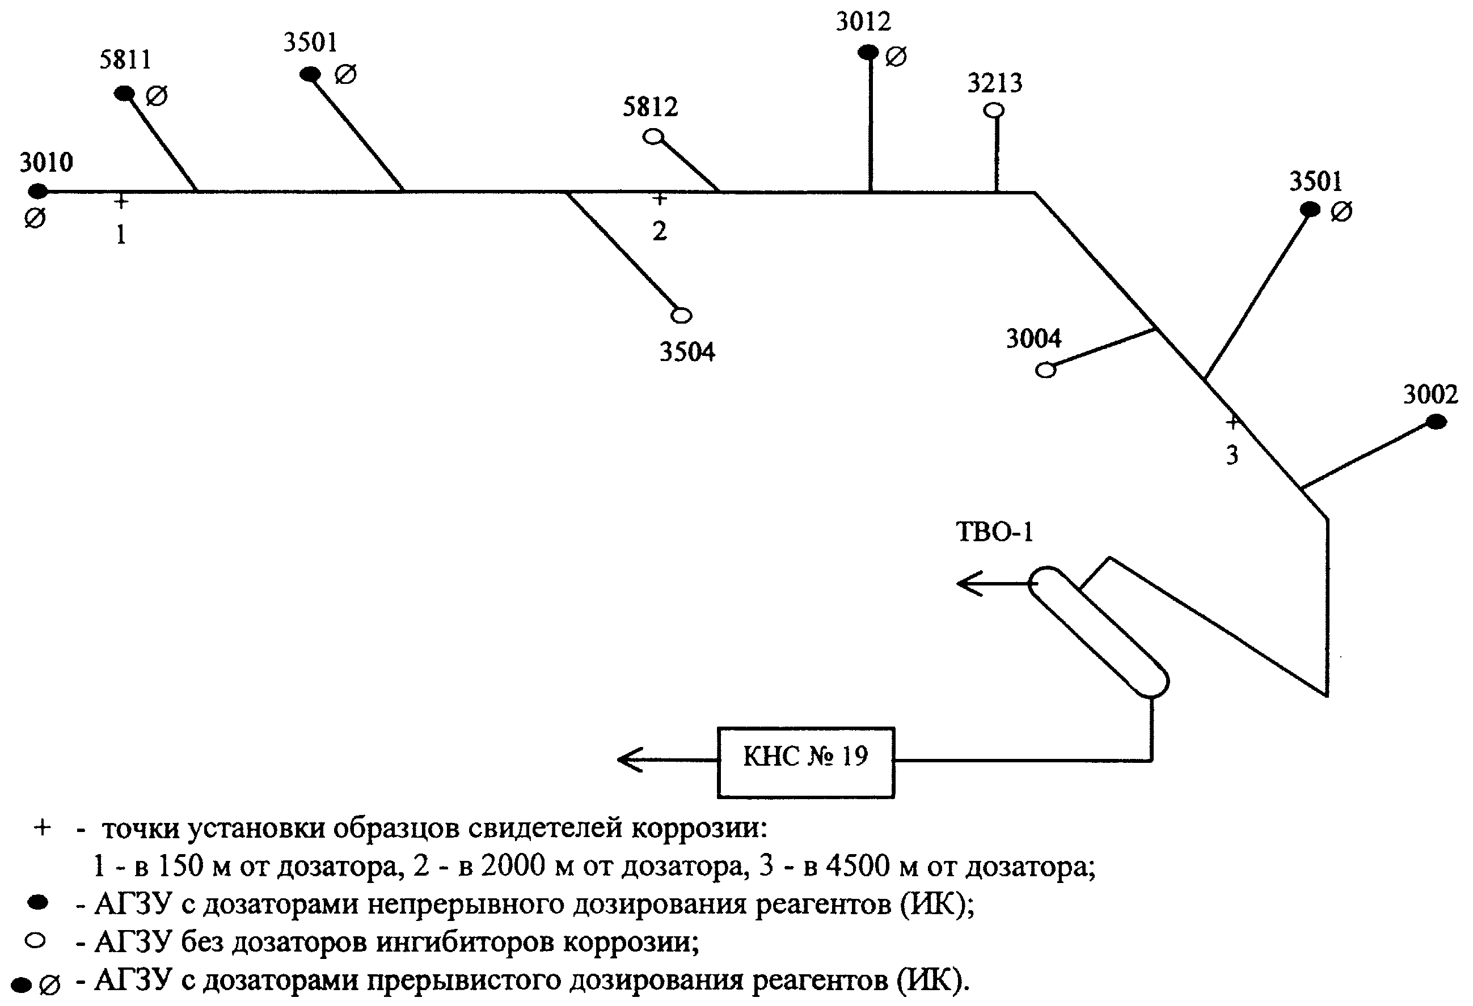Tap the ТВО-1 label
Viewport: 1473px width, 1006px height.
click(994, 532)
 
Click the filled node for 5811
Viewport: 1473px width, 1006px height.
click(124, 94)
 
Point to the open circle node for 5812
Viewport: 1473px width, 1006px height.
click(653, 136)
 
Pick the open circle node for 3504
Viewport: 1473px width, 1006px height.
click(681, 315)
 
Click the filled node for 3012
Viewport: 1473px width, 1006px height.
click(868, 52)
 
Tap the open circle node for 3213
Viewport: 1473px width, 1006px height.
click(994, 110)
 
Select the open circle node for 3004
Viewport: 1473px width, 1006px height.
click(1046, 370)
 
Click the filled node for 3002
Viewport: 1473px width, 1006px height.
click(1436, 421)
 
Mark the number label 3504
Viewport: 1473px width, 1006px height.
click(687, 351)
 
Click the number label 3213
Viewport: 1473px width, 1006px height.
click(994, 83)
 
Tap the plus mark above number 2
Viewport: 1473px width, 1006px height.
click(660, 199)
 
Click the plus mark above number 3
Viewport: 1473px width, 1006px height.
click(1232, 421)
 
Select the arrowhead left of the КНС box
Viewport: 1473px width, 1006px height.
click(630, 759)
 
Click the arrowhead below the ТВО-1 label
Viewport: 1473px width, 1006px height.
click(969, 583)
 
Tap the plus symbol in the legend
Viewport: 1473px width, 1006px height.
click(42, 827)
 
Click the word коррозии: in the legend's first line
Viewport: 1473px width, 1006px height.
click(699, 828)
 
